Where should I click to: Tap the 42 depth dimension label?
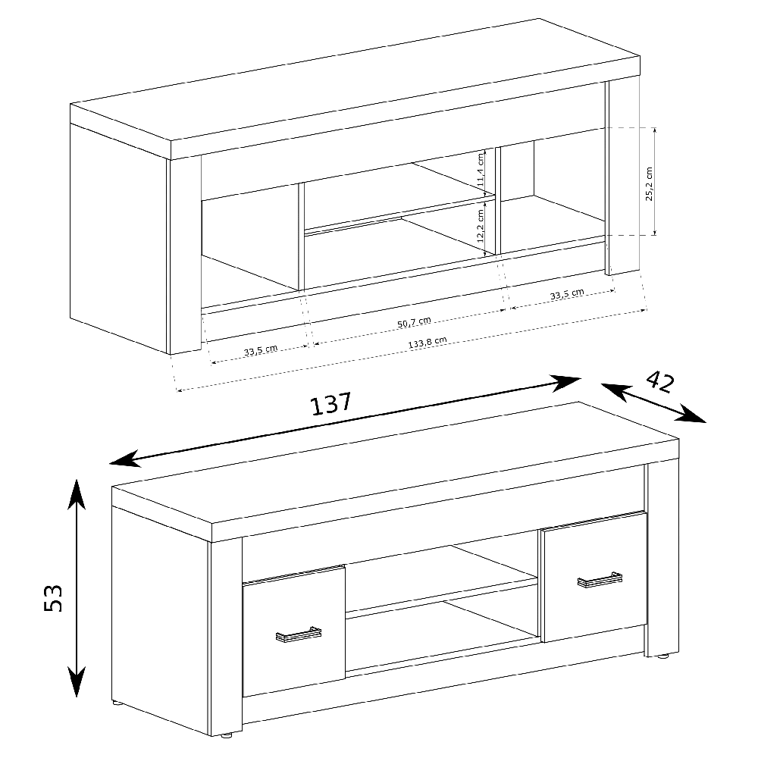click(x=660, y=382)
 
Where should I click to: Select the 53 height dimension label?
click(x=53, y=599)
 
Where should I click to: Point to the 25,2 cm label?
click(x=649, y=183)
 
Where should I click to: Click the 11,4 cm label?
click(x=480, y=170)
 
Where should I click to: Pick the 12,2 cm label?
click(x=480, y=226)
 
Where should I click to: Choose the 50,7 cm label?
click(x=415, y=322)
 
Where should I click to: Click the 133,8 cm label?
click(x=428, y=343)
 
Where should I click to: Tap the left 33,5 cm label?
click(x=261, y=350)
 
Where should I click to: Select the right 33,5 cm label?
click(x=567, y=294)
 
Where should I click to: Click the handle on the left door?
click(x=298, y=634)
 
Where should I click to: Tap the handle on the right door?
click(x=600, y=580)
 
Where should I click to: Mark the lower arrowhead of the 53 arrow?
click(x=77, y=681)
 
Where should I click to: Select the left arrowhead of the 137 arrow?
click(x=125, y=460)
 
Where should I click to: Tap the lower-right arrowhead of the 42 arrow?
click(x=692, y=415)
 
